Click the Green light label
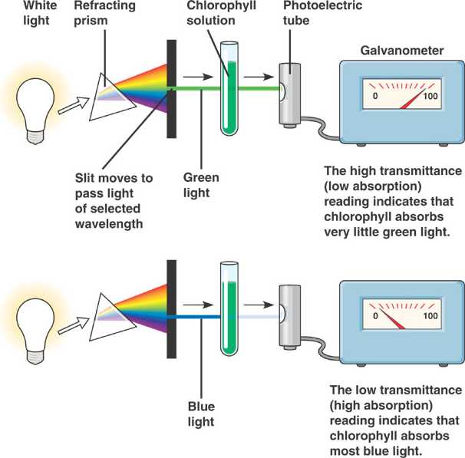pyautogui.click(x=200, y=185)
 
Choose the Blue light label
pyautogui.click(x=201, y=414)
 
